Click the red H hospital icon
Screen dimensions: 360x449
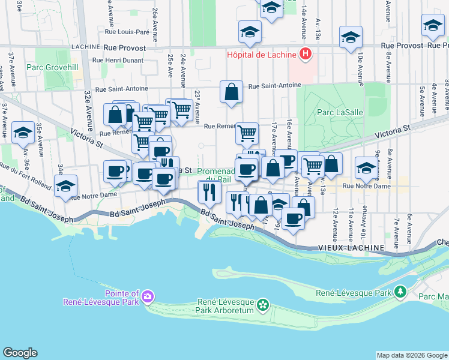306,55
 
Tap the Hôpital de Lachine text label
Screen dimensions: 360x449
261,55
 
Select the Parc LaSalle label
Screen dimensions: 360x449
334,112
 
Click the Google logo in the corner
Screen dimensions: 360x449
20,352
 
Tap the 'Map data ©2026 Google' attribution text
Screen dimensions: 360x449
412,355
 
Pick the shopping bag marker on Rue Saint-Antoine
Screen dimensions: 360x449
231,93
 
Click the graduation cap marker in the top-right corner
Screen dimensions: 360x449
432,25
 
